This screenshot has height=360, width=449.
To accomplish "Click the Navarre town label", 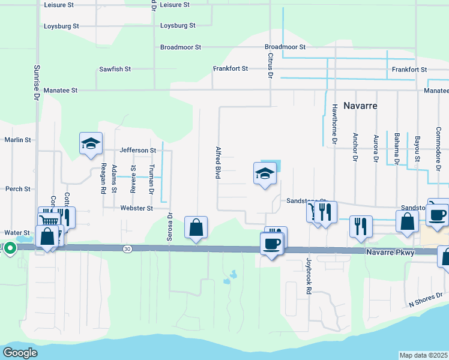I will tap(360, 105).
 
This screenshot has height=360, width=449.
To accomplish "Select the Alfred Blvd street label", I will tap(218, 161).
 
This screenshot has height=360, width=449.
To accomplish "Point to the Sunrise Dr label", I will tap(37, 83).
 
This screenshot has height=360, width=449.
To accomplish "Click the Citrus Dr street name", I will tap(270, 65).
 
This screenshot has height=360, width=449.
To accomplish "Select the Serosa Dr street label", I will tap(170, 227).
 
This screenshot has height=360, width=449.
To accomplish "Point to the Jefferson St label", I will tap(138, 150).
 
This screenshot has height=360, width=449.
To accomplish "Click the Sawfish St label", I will tap(115, 69).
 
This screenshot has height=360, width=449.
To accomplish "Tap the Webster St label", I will tap(137, 208).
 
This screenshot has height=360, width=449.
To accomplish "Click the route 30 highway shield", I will tap(126, 248).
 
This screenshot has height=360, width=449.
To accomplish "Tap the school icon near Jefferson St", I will tap(90, 143).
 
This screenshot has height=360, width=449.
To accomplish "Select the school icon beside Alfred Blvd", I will tap(264, 173).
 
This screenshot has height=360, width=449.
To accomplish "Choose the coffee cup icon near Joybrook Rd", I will tap(271, 243).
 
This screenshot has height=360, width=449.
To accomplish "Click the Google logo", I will tap(20, 353).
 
